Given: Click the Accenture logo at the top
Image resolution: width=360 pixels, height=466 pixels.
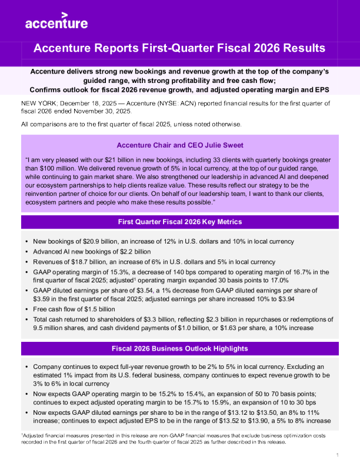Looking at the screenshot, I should coord(56,21).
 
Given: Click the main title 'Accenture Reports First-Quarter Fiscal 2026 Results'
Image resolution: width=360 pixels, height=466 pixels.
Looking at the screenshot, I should coord(179,48).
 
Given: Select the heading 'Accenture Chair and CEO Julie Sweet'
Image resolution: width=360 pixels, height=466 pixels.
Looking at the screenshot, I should coord(179,145).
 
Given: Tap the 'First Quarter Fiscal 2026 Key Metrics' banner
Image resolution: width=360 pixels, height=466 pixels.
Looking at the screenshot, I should coord(179,222).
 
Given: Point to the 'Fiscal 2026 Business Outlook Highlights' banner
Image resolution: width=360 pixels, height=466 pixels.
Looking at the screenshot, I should coord(179,348).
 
